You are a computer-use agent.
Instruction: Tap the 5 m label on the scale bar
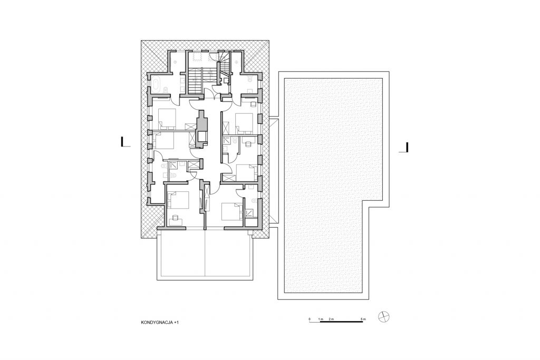coord(363,319)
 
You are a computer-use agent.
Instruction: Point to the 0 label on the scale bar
coord(310,319)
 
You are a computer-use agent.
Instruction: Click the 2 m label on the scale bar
coord(331,319)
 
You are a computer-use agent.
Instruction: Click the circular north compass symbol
coord(383,317)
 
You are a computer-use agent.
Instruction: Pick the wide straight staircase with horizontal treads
coord(195,80)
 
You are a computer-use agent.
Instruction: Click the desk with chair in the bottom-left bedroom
coord(175,219)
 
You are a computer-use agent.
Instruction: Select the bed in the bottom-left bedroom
coord(178,200)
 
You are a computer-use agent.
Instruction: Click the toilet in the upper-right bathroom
coord(250,80)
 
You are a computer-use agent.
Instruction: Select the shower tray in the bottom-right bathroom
coord(249,213)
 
